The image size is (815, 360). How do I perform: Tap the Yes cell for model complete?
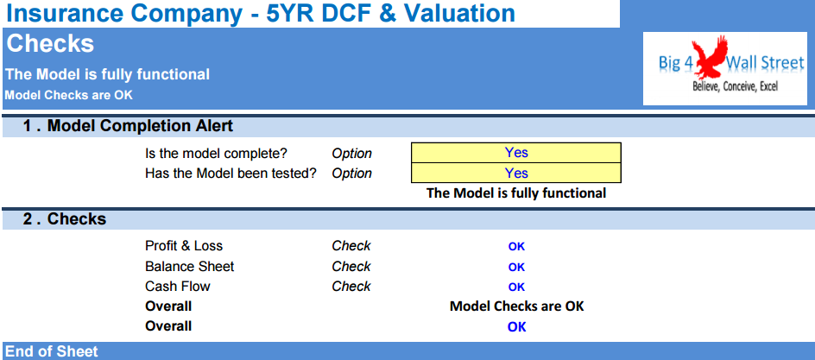tap(516, 152)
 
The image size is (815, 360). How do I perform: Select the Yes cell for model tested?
tap(516, 173)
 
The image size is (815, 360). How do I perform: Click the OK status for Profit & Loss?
tap(516, 247)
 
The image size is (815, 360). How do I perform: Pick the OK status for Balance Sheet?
tap(516, 267)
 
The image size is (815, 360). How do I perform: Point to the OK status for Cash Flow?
tap(516, 287)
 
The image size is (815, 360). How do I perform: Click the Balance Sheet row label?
tap(190, 267)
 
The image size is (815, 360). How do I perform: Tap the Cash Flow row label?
tap(178, 287)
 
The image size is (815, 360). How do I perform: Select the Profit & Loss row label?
tap(184, 246)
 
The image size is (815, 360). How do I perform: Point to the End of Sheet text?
tap(52, 351)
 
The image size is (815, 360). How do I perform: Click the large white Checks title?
tap(50, 44)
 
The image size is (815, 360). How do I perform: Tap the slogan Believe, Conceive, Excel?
tap(735, 86)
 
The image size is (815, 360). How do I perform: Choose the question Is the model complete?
tap(216, 154)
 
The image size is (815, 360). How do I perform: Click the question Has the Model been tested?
tap(231, 174)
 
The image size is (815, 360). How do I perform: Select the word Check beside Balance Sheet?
tap(351, 267)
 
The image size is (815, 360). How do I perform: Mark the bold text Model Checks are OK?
tap(516, 306)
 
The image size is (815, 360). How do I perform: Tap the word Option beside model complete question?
tap(352, 154)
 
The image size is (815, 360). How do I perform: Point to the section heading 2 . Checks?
tap(65, 219)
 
